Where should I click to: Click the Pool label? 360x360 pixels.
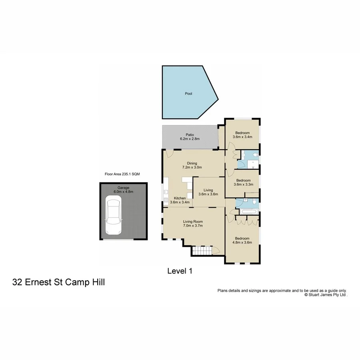point(188,94)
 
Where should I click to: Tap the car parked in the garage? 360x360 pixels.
point(113,216)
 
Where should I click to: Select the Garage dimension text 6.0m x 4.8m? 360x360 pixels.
point(123,192)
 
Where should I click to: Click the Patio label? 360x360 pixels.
point(190,134)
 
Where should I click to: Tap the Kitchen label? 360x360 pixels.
point(180,198)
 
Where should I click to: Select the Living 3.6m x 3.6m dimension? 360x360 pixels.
point(208,194)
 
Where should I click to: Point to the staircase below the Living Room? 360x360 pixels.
point(201,251)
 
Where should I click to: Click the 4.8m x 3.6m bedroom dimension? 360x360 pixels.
point(242,242)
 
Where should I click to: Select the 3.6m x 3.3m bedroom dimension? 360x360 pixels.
point(242,184)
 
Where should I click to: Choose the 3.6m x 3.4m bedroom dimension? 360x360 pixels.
point(242,137)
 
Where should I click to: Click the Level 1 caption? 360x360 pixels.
point(180,271)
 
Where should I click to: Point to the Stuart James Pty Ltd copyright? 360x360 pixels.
point(326,294)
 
